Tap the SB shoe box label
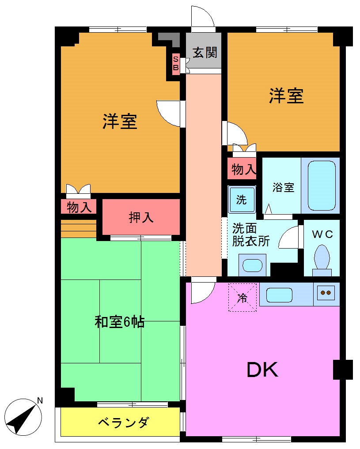175,63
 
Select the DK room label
262,370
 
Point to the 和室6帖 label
119,322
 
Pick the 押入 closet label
141,217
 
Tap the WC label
322,234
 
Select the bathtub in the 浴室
321,185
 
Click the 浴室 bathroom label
283,187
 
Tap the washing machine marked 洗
241,199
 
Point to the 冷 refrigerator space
243,298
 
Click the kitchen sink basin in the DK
279,294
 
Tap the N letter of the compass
40,401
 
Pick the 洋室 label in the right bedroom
286,96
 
